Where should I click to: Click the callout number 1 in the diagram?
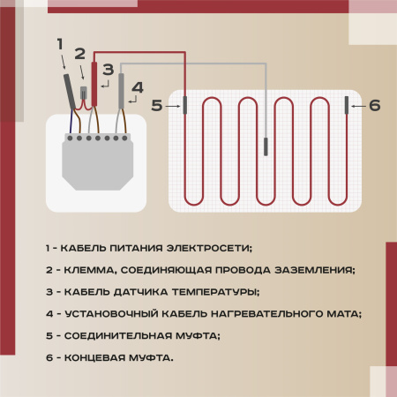pyautogui.click(x=60, y=43)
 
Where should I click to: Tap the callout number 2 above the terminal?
pyautogui.click(x=79, y=55)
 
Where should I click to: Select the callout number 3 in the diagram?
pyautogui.click(x=107, y=69)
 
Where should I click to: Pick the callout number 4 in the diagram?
pyautogui.click(x=136, y=87)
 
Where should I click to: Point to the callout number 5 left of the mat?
pyautogui.click(x=156, y=105)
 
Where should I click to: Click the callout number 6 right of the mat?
pyautogui.click(x=374, y=105)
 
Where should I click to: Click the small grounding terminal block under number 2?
pyautogui.click(x=85, y=92)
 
